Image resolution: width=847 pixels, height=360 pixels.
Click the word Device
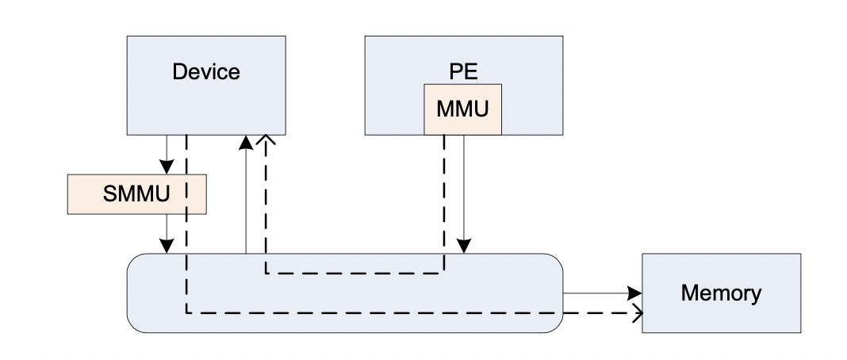click(x=206, y=72)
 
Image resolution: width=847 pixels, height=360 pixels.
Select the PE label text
click(x=463, y=72)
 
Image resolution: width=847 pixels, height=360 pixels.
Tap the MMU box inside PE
click(x=463, y=109)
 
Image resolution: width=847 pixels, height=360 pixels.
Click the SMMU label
click(x=136, y=193)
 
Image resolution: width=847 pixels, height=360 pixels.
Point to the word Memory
click(x=721, y=293)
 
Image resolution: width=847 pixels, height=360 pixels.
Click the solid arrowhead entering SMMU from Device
click(x=167, y=167)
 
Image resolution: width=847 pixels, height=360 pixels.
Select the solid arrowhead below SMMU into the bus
click(x=167, y=247)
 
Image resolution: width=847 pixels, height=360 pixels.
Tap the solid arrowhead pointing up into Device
click(x=246, y=142)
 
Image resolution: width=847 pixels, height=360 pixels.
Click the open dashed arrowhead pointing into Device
click(x=266, y=140)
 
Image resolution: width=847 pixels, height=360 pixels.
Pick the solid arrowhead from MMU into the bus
click(x=463, y=247)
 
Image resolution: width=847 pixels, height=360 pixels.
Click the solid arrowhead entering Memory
click(x=634, y=293)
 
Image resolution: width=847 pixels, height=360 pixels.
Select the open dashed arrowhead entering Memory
click(x=637, y=313)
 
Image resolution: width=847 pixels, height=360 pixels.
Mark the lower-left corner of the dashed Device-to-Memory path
click(x=187, y=313)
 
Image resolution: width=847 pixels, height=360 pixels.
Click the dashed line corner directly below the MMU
click(x=444, y=273)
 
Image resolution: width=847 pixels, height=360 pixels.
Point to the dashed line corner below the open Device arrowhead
click(x=266, y=273)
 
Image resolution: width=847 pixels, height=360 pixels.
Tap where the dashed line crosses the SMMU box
click(x=187, y=194)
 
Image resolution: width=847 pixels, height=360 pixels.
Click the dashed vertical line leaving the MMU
click(x=444, y=204)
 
